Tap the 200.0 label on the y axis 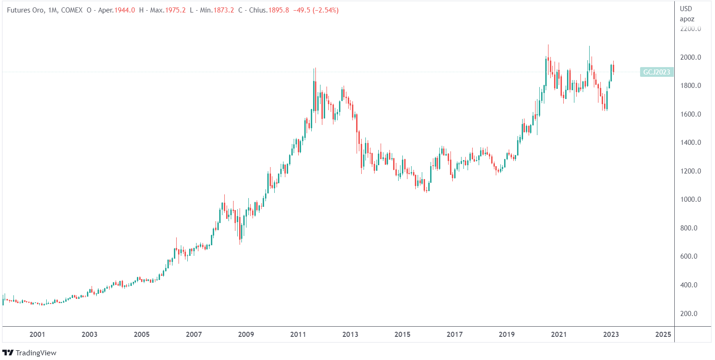coord(689,313)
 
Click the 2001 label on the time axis coord(37,334)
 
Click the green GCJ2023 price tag coord(657,72)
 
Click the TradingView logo coord(30,353)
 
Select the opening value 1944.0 coord(126,10)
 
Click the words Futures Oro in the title coord(26,10)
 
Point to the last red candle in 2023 coord(613,68)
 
